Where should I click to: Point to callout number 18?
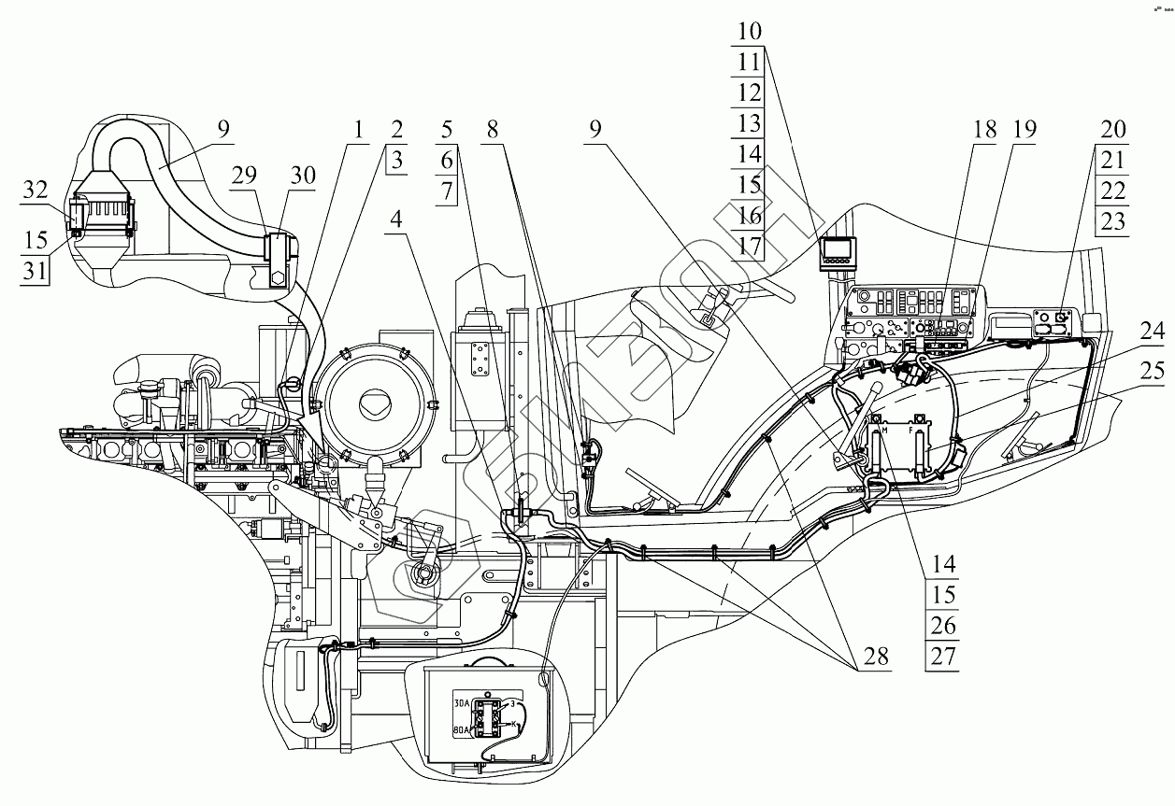(x=983, y=129)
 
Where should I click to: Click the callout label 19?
(x=1024, y=129)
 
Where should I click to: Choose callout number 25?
(x=1152, y=373)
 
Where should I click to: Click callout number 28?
(x=875, y=658)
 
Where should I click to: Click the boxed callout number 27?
(x=943, y=656)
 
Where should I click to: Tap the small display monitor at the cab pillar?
(x=838, y=252)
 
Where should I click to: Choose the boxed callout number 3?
(x=396, y=159)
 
